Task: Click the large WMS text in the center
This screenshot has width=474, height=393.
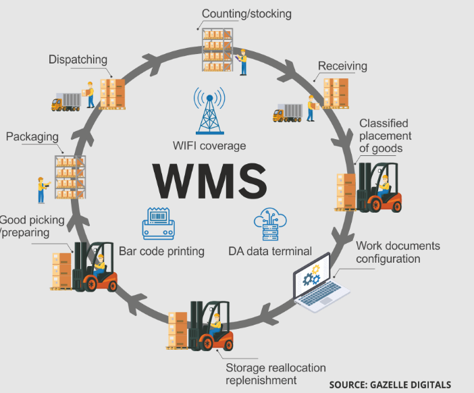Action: tap(210, 181)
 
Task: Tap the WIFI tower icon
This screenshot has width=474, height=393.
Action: tap(210, 111)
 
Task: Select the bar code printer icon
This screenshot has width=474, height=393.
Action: tap(159, 224)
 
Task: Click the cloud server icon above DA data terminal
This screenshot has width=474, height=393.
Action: tap(270, 224)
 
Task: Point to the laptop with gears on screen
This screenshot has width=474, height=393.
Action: tap(320, 283)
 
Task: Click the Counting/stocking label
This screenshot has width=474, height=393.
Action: tap(246, 14)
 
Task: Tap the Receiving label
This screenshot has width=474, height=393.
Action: tap(342, 66)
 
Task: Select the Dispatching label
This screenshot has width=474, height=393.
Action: tap(78, 59)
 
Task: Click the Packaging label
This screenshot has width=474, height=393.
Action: tap(32, 136)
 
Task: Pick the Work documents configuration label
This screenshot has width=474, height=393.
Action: tap(398, 252)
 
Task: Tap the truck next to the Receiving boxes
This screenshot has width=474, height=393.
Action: tap(288, 113)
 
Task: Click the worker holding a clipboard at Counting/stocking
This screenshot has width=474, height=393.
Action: tap(242, 62)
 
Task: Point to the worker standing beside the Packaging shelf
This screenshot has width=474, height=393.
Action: tap(43, 190)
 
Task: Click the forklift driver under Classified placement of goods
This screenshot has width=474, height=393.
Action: tap(384, 185)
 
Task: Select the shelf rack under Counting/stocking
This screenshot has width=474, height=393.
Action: tap(217, 50)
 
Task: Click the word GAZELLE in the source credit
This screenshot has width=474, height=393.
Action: tap(390, 385)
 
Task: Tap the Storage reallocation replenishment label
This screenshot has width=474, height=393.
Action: tap(275, 374)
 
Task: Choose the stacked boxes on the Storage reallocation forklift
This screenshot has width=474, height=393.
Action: tap(178, 330)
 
